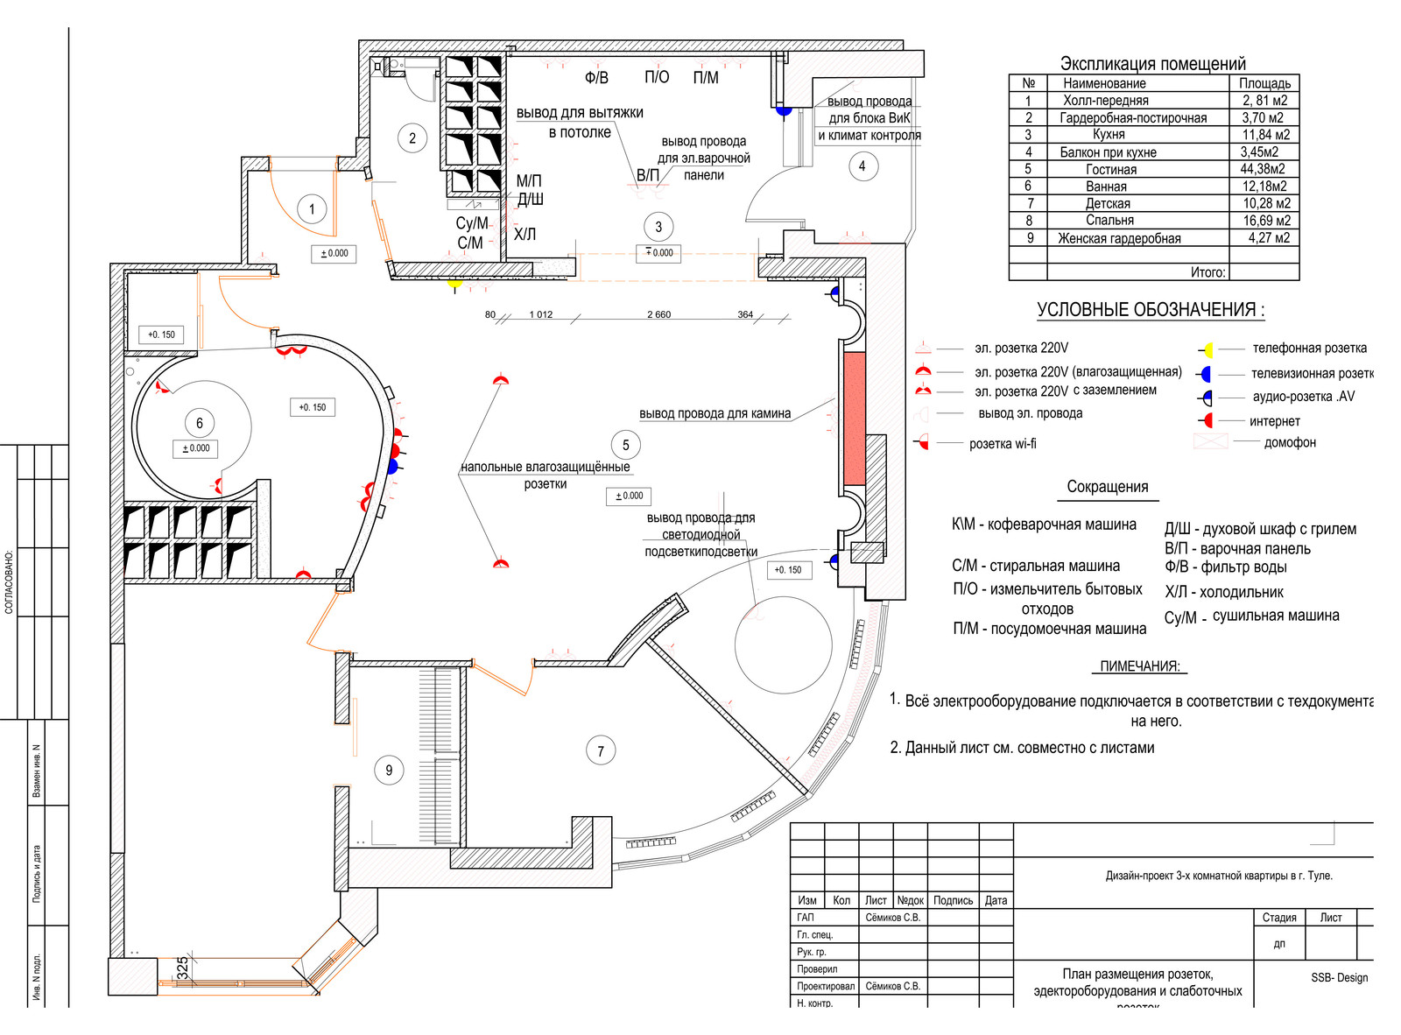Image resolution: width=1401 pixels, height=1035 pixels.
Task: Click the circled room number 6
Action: [x=200, y=423]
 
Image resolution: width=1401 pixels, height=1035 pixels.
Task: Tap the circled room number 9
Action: [x=389, y=770]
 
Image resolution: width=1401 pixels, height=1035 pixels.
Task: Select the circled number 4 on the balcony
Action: [x=862, y=165]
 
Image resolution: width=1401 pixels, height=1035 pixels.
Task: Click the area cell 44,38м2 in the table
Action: [x=1264, y=169]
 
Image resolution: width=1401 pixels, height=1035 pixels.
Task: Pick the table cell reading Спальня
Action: [x=1109, y=221]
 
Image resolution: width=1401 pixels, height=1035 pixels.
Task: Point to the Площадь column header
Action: [x=1264, y=83]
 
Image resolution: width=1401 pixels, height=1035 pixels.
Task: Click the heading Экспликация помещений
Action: [x=1152, y=63]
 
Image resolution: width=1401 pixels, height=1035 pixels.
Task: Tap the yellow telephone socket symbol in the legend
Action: [x=1207, y=350]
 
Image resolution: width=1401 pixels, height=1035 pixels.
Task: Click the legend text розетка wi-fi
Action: [x=1003, y=444]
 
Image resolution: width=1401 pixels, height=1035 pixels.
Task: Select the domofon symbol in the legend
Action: [x=1211, y=442]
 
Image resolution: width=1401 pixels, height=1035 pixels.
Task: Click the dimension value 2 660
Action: [x=658, y=314]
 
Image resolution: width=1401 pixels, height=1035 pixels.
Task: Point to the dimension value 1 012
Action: [x=541, y=314]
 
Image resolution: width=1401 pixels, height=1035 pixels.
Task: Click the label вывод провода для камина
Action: [x=715, y=413]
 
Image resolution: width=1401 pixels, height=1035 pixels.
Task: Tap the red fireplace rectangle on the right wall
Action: [x=854, y=419]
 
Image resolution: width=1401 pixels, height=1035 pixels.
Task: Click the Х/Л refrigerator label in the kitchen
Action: [x=524, y=235]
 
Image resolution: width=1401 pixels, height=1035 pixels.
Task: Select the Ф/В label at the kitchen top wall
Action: [x=596, y=78]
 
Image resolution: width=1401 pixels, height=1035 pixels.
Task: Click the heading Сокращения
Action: [x=1107, y=487]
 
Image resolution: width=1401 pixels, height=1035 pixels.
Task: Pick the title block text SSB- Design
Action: [x=1339, y=977]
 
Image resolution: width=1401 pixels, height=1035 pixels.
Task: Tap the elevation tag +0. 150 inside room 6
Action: [x=312, y=407]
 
